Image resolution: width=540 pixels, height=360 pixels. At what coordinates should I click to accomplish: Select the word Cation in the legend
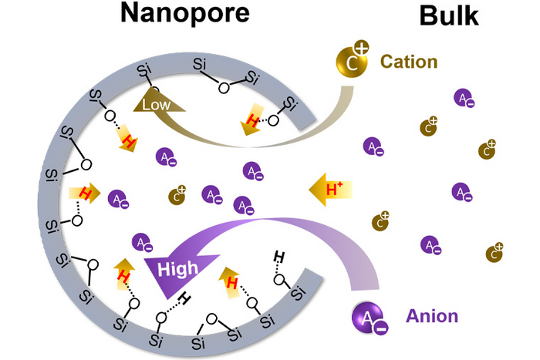click(x=410, y=61)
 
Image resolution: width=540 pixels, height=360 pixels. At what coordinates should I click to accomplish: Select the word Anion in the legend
click(x=431, y=315)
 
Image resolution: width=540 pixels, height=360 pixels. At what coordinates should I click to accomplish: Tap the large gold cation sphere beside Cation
click(x=352, y=62)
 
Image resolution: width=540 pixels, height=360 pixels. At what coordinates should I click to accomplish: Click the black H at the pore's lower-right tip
click(x=281, y=256)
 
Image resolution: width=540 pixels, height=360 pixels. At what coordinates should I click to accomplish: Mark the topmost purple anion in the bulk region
click(x=463, y=99)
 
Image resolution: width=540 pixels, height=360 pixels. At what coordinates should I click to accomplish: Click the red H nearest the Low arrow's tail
click(x=252, y=119)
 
